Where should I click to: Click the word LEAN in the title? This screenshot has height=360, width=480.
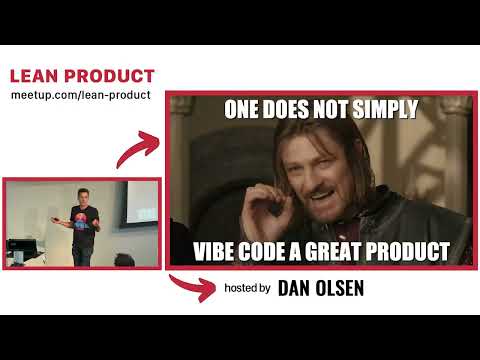32,76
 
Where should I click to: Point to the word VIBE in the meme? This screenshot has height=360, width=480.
215,250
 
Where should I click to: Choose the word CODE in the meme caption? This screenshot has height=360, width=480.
269,250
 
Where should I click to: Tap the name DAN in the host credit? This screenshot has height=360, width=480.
297,288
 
